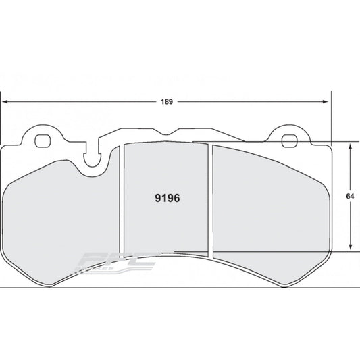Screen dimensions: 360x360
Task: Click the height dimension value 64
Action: point(350,196)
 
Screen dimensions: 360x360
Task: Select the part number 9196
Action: point(167,200)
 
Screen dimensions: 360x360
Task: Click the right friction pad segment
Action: point(270,203)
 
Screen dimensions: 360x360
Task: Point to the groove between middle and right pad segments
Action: point(210,203)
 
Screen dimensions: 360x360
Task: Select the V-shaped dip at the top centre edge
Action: point(177,131)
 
